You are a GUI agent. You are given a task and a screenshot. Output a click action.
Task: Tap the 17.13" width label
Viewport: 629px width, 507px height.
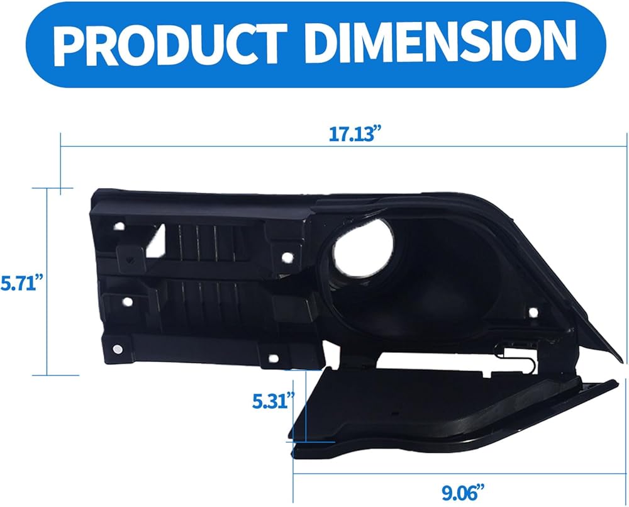(x=353, y=133)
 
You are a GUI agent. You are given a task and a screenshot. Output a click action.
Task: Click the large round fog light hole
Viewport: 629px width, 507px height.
(x=362, y=248)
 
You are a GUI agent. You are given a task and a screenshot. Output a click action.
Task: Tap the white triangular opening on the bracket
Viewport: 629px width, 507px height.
(x=155, y=241)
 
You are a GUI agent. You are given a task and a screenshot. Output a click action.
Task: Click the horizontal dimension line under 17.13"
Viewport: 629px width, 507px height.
(x=343, y=147)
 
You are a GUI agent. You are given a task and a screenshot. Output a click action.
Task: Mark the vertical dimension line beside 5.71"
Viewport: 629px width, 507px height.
(x=47, y=282)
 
